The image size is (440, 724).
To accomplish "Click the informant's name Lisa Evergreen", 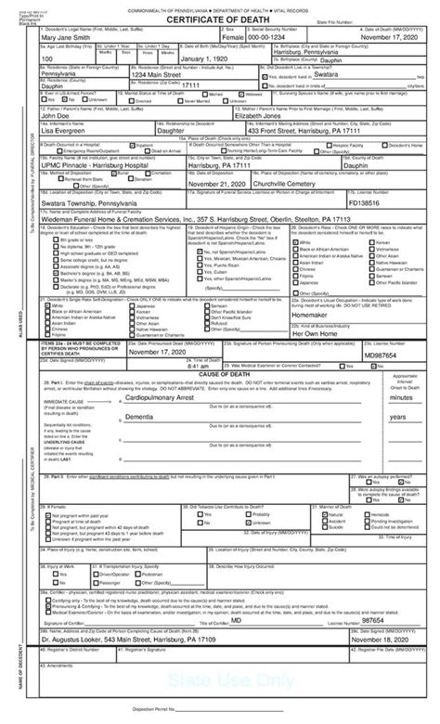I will click(x=66, y=157).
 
